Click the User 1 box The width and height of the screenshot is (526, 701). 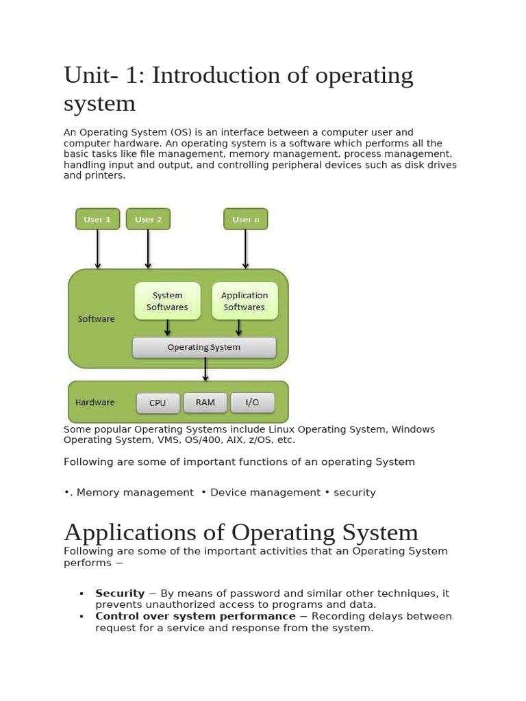tap(97, 219)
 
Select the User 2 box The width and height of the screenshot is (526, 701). tap(148, 219)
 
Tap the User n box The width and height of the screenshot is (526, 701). tap(246, 219)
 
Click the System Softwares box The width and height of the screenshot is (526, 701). tap(167, 301)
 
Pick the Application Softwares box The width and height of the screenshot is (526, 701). tap(245, 301)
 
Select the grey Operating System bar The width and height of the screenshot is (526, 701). tap(204, 347)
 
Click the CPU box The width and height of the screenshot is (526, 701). tap(158, 403)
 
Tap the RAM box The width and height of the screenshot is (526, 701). tap(205, 403)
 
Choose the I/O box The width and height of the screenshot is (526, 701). tap(252, 403)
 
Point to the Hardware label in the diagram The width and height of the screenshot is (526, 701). tap(95, 403)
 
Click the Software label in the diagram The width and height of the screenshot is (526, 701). tap(97, 319)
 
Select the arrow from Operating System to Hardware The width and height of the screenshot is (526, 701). tap(205, 370)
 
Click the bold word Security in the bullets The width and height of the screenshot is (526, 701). tap(120, 594)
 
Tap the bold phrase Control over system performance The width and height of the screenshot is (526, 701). tap(195, 616)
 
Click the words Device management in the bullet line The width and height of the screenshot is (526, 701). tap(265, 492)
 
